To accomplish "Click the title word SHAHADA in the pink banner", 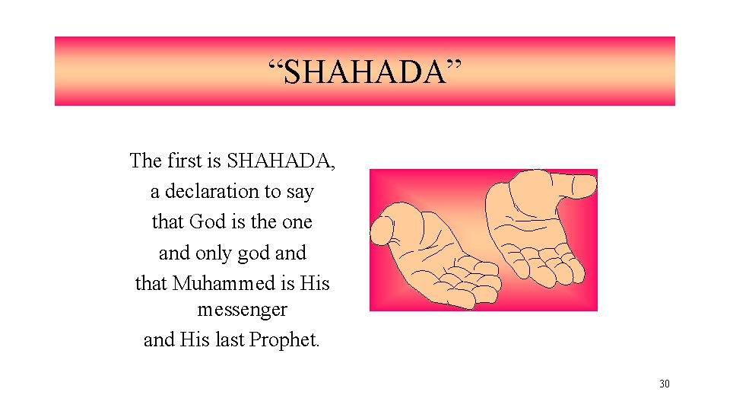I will [365, 72].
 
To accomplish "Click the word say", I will [300, 192].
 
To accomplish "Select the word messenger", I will [242, 310].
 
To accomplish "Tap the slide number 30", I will [665, 384].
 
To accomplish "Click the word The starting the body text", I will [145, 161].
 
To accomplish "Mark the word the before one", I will [263, 221].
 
